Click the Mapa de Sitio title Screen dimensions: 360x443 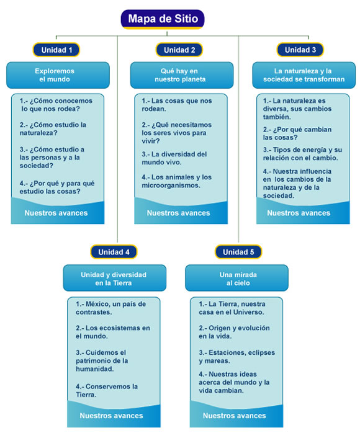[163, 19]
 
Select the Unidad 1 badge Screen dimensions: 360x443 [56, 50]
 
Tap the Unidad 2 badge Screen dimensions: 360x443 [179, 50]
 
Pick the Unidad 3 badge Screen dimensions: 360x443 [300, 50]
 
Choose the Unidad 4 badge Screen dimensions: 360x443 [114, 252]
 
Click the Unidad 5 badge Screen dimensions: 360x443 [238, 252]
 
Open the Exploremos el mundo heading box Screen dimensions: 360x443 [58, 75]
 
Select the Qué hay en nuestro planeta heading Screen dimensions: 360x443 [182, 75]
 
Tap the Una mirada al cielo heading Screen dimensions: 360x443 [237, 278]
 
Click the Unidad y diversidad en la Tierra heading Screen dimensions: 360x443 [114, 278]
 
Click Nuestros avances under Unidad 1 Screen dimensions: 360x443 [56, 213]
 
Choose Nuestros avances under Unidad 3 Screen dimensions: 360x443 [299, 213]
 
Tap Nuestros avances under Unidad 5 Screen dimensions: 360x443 [235, 416]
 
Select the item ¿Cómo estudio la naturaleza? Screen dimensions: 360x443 [53, 129]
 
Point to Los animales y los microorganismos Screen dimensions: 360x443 [177, 181]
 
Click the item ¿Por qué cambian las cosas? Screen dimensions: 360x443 [297, 133]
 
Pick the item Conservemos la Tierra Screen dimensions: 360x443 [107, 390]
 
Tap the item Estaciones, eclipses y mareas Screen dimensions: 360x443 [237, 357]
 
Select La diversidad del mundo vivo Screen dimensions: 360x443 [174, 158]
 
